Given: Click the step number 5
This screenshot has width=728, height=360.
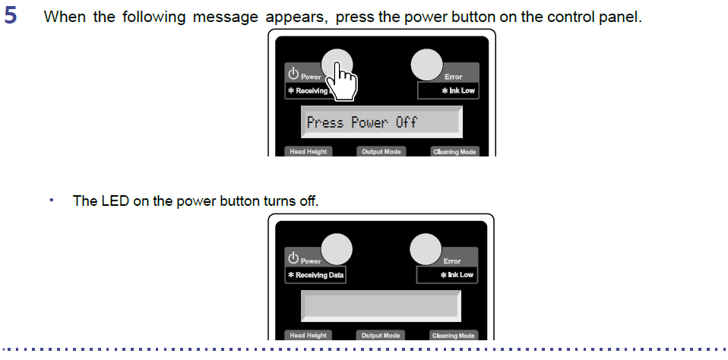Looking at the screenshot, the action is coord(10,15).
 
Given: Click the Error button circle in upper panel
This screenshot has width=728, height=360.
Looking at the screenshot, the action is coord(426,65).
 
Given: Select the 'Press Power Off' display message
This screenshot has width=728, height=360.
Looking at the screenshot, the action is coord(362,122).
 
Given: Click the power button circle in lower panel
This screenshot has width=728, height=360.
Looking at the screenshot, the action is coord(337,249).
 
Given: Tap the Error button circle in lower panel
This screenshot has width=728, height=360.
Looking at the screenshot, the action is coord(426,249).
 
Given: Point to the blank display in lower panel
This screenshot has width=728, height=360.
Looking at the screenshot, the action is coord(381,306).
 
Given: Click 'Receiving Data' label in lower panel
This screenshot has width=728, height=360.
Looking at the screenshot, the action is coord(315,275).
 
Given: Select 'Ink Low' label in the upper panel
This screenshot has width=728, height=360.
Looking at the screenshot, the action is coord(458,90).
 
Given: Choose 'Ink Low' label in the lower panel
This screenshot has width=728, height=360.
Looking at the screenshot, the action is coord(457,275).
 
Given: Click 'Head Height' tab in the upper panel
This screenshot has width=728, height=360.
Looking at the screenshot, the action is coord(309,152).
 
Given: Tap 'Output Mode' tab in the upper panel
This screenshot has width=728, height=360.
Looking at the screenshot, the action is coord(381,152).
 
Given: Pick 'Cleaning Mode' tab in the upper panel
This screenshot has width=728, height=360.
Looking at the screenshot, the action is coord(454,152).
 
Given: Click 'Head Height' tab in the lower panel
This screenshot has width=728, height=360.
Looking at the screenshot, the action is coord(309,336).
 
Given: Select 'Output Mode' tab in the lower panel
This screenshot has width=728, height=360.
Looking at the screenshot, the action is coord(380,336).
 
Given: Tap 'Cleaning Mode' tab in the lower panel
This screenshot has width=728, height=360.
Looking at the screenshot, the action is coord(453,336).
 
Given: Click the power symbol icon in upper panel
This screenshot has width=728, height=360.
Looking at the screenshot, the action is coord(293,74).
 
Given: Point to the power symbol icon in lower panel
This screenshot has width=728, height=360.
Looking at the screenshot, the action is coord(293,257).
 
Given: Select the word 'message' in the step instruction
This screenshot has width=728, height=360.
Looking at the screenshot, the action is coord(225,17).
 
